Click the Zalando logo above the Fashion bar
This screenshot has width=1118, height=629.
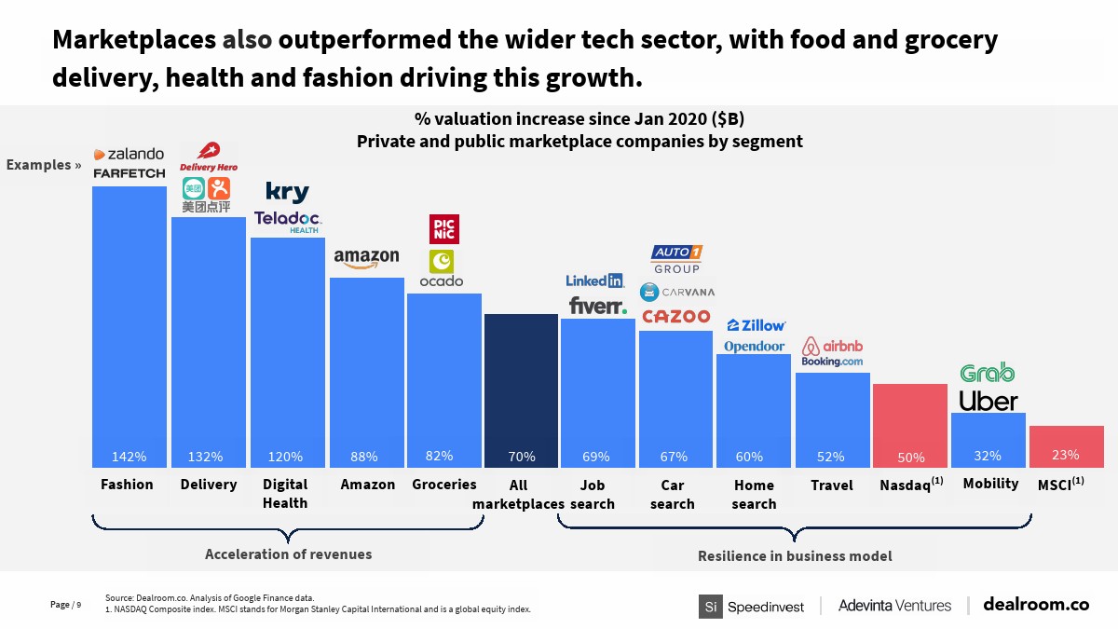129,154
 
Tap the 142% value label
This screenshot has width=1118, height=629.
129,457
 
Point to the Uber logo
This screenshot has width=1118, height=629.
988,401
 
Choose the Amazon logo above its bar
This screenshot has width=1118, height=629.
366,258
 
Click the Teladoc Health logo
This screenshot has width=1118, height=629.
287,220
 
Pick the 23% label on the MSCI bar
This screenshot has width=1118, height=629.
1065,455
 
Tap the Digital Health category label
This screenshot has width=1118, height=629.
285,494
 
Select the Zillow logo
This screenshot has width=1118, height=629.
756,325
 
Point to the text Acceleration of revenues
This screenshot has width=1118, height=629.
288,554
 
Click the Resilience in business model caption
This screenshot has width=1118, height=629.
795,556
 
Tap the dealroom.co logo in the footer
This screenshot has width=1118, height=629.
1035,605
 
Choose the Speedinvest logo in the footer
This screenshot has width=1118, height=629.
752,606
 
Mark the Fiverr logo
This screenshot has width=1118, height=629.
597,306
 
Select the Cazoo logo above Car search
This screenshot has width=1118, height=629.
676,317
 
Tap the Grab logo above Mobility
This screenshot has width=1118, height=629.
988,373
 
